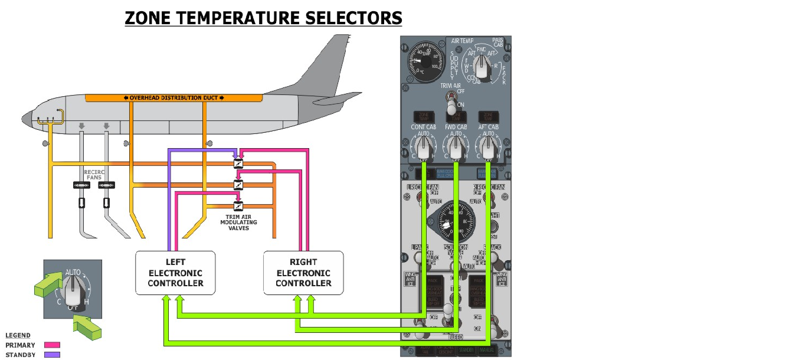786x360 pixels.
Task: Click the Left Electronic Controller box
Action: [175, 273]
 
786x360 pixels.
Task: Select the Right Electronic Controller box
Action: [303, 273]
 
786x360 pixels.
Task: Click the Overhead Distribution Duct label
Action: [173, 97]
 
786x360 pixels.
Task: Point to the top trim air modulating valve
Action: [238, 163]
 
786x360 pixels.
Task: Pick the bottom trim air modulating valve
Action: [238, 206]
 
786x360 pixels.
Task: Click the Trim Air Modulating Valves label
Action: [238, 222]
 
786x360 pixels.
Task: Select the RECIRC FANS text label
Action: [94, 175]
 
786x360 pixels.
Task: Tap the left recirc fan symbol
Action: [81, 185]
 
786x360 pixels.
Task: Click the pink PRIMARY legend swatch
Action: [52, 345]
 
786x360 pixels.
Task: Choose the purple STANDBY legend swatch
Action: [52, 355]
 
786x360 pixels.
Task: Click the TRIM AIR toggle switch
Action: [452, 106]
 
